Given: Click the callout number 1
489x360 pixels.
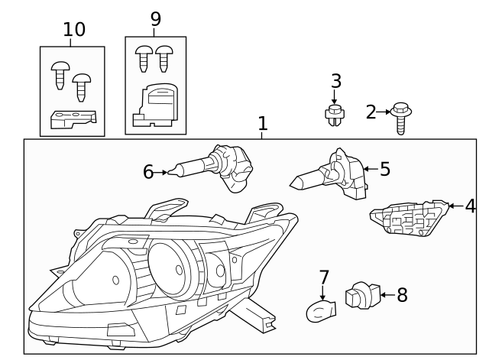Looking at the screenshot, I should click(262, 124).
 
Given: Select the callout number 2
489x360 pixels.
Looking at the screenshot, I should click(371, 113).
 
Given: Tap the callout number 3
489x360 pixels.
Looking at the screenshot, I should click(335, 81).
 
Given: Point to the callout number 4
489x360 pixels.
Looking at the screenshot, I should click(470, 206).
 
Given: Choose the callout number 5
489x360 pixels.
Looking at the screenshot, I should click(384, 169).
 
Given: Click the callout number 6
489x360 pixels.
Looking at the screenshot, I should click(148, 172).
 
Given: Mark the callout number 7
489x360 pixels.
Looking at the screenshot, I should click(324, 276).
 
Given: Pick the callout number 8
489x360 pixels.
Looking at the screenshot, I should click(402, 295).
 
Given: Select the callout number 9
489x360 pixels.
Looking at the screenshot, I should click(156, 19).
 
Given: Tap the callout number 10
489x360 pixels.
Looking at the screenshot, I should click(74, 30).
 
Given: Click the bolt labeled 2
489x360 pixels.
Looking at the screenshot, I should click(400, 117).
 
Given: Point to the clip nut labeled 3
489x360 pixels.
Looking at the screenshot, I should click(334, 115).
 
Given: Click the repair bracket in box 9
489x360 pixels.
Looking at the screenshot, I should click(157, 105).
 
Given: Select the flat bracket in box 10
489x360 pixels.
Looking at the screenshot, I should click(73, 118).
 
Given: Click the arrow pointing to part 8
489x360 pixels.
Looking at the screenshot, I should click(386, 294).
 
